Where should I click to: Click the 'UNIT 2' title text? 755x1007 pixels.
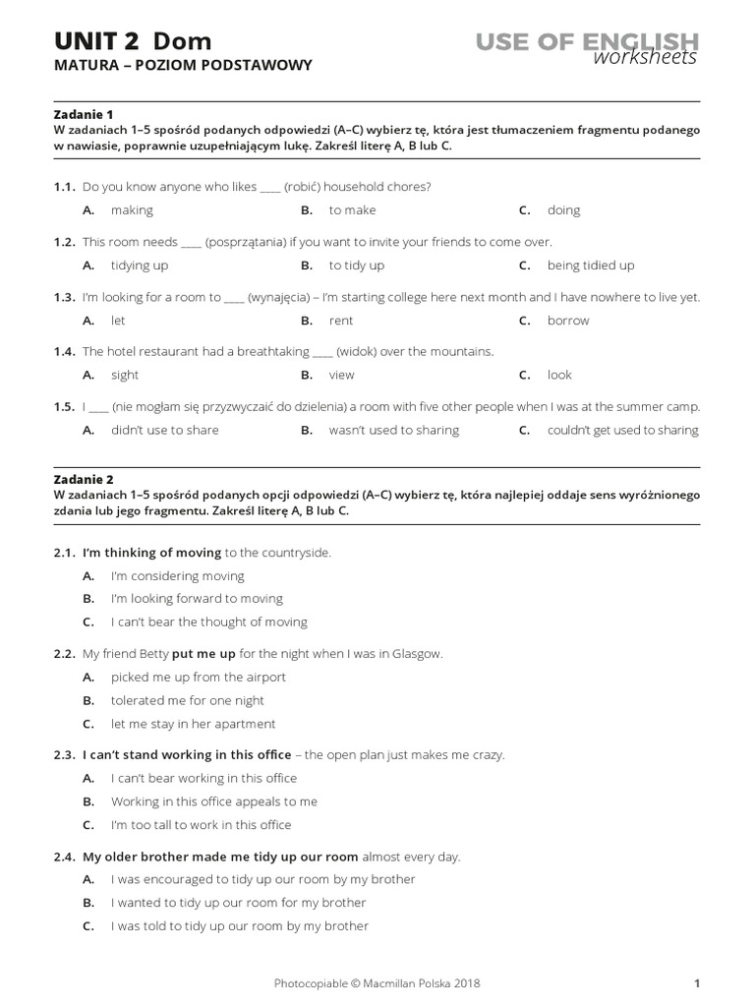[x=97, y=40]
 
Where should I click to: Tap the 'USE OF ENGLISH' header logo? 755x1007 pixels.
[x=587, y=42]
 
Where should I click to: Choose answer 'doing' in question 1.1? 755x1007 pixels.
[x=563, y=210]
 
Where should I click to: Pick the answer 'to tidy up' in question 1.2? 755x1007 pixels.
[x=356, y=266]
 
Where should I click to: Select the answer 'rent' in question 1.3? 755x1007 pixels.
[x=341, y=321]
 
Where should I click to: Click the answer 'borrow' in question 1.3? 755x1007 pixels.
[x=568, y=321]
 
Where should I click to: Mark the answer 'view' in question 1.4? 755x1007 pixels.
[x=341, y=375]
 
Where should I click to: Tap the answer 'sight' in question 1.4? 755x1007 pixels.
[x=125, y=375]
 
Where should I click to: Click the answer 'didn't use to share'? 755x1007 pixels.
[x=164, y=430]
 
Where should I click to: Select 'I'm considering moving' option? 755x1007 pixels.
[x=177, y=576]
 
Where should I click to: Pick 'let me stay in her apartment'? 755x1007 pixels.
[x=193, y=724]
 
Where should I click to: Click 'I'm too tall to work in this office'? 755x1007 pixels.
[x=201, y=825]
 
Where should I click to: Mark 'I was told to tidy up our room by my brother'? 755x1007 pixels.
[x=239, y=926]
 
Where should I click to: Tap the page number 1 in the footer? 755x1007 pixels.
[x=696, y=982]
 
